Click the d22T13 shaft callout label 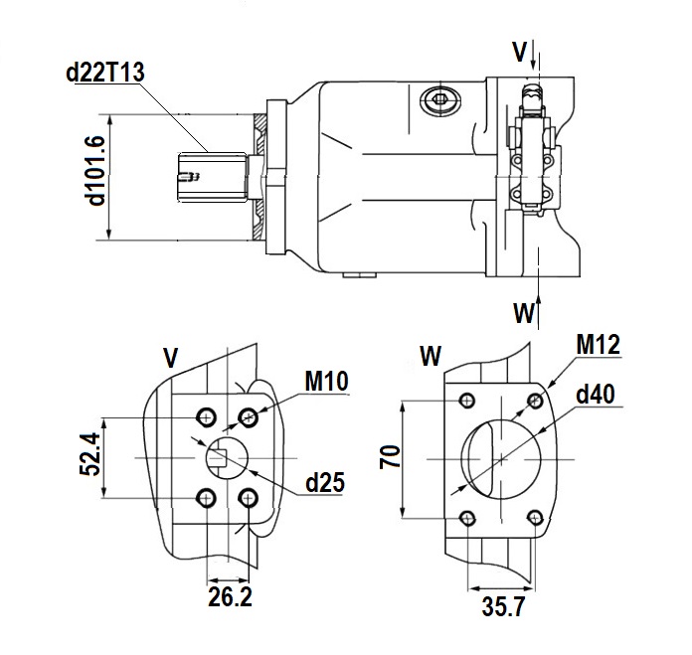[x=105, y=72]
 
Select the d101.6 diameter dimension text [x=96, y=171]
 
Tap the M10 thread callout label [x=326, y=381]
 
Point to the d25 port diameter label [x=325, y=482]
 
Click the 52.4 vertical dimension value [x=90, y=454]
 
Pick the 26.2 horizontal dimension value [x=230, y=596]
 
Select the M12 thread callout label [x=598, y=344]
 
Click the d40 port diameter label [x=596, y=394]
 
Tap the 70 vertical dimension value [x=390, y=457]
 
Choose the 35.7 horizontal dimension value [x=503, y=606]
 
